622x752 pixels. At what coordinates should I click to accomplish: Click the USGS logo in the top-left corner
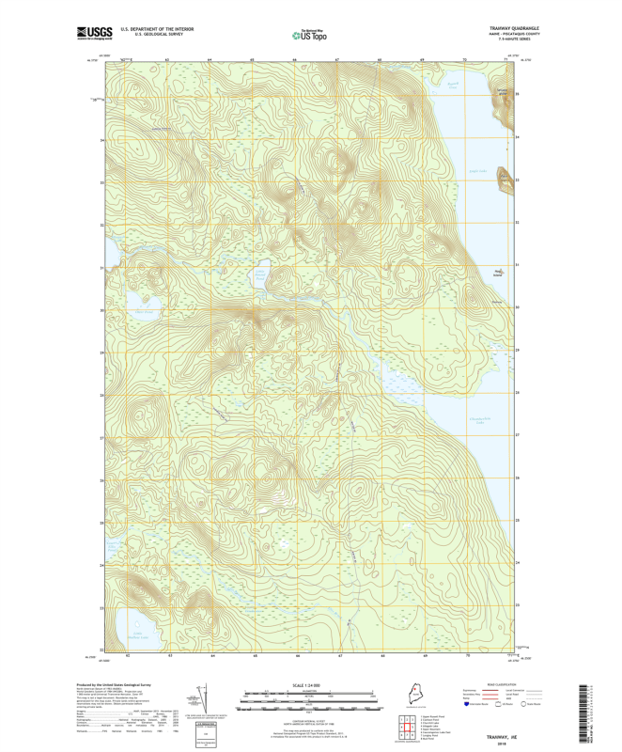coord(95,33)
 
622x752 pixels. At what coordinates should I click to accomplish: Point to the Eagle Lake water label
coord(478,171)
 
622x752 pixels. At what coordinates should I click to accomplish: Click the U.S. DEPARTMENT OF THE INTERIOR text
coord(157,29)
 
